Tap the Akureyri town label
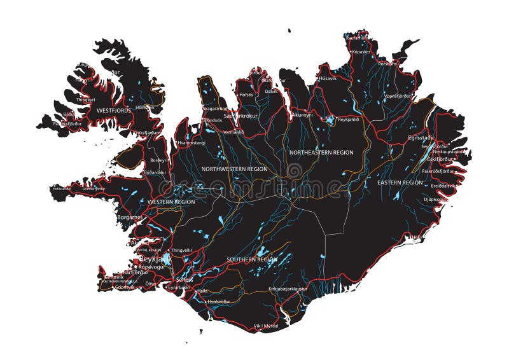coord(302,115)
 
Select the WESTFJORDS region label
coord(113,110)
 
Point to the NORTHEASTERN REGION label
coord(321,153)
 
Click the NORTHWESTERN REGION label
coord(234,169)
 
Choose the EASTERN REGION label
coord(400,183)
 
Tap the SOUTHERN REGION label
coord(253,260)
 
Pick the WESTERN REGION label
coord(171,202)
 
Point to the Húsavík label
coord(327,78)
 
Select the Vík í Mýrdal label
coord(266,325)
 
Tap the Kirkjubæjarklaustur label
coord(288,289)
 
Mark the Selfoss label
coord(185,280)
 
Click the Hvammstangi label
coord(193,143)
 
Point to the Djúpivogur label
coord(435,199)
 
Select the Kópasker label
coord(360,51)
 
